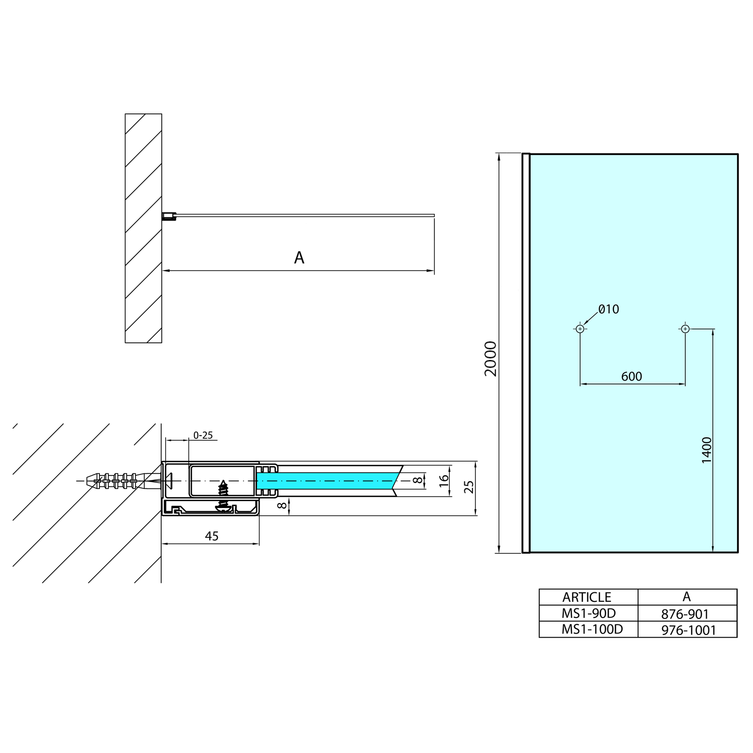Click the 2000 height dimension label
(490, 358)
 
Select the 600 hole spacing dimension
(631, 376)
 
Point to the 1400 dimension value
(706, 450)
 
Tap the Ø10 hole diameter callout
(608, 309)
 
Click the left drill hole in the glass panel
(580, 329)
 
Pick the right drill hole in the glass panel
(685, 329)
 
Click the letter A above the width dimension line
(299, 258)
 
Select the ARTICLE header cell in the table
(587, 597)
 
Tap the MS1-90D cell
(588, 613)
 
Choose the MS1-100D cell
(592, 630)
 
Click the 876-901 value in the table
(685, 614)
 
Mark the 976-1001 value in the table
(688, 630)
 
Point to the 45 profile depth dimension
(212, 536)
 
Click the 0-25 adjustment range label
(203, 435)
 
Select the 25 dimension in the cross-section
(469, 487)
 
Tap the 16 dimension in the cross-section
(444, 481)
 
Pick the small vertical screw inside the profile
(223, 488)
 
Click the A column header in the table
(687, 597)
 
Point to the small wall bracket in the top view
(169, 216)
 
